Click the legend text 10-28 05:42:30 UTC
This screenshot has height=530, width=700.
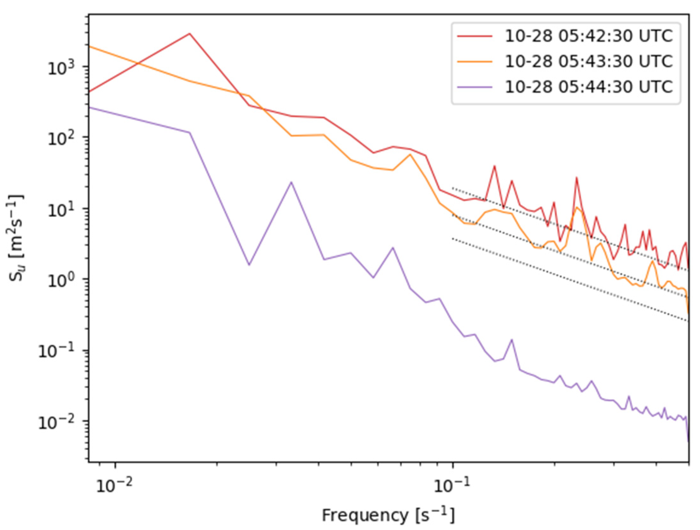click(589, 37)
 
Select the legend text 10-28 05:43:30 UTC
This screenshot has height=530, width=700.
click(589, 62)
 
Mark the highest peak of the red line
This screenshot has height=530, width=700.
click(190, 33)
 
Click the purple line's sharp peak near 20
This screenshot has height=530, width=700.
click(291, 182)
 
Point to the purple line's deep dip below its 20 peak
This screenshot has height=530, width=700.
click(249, 265)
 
